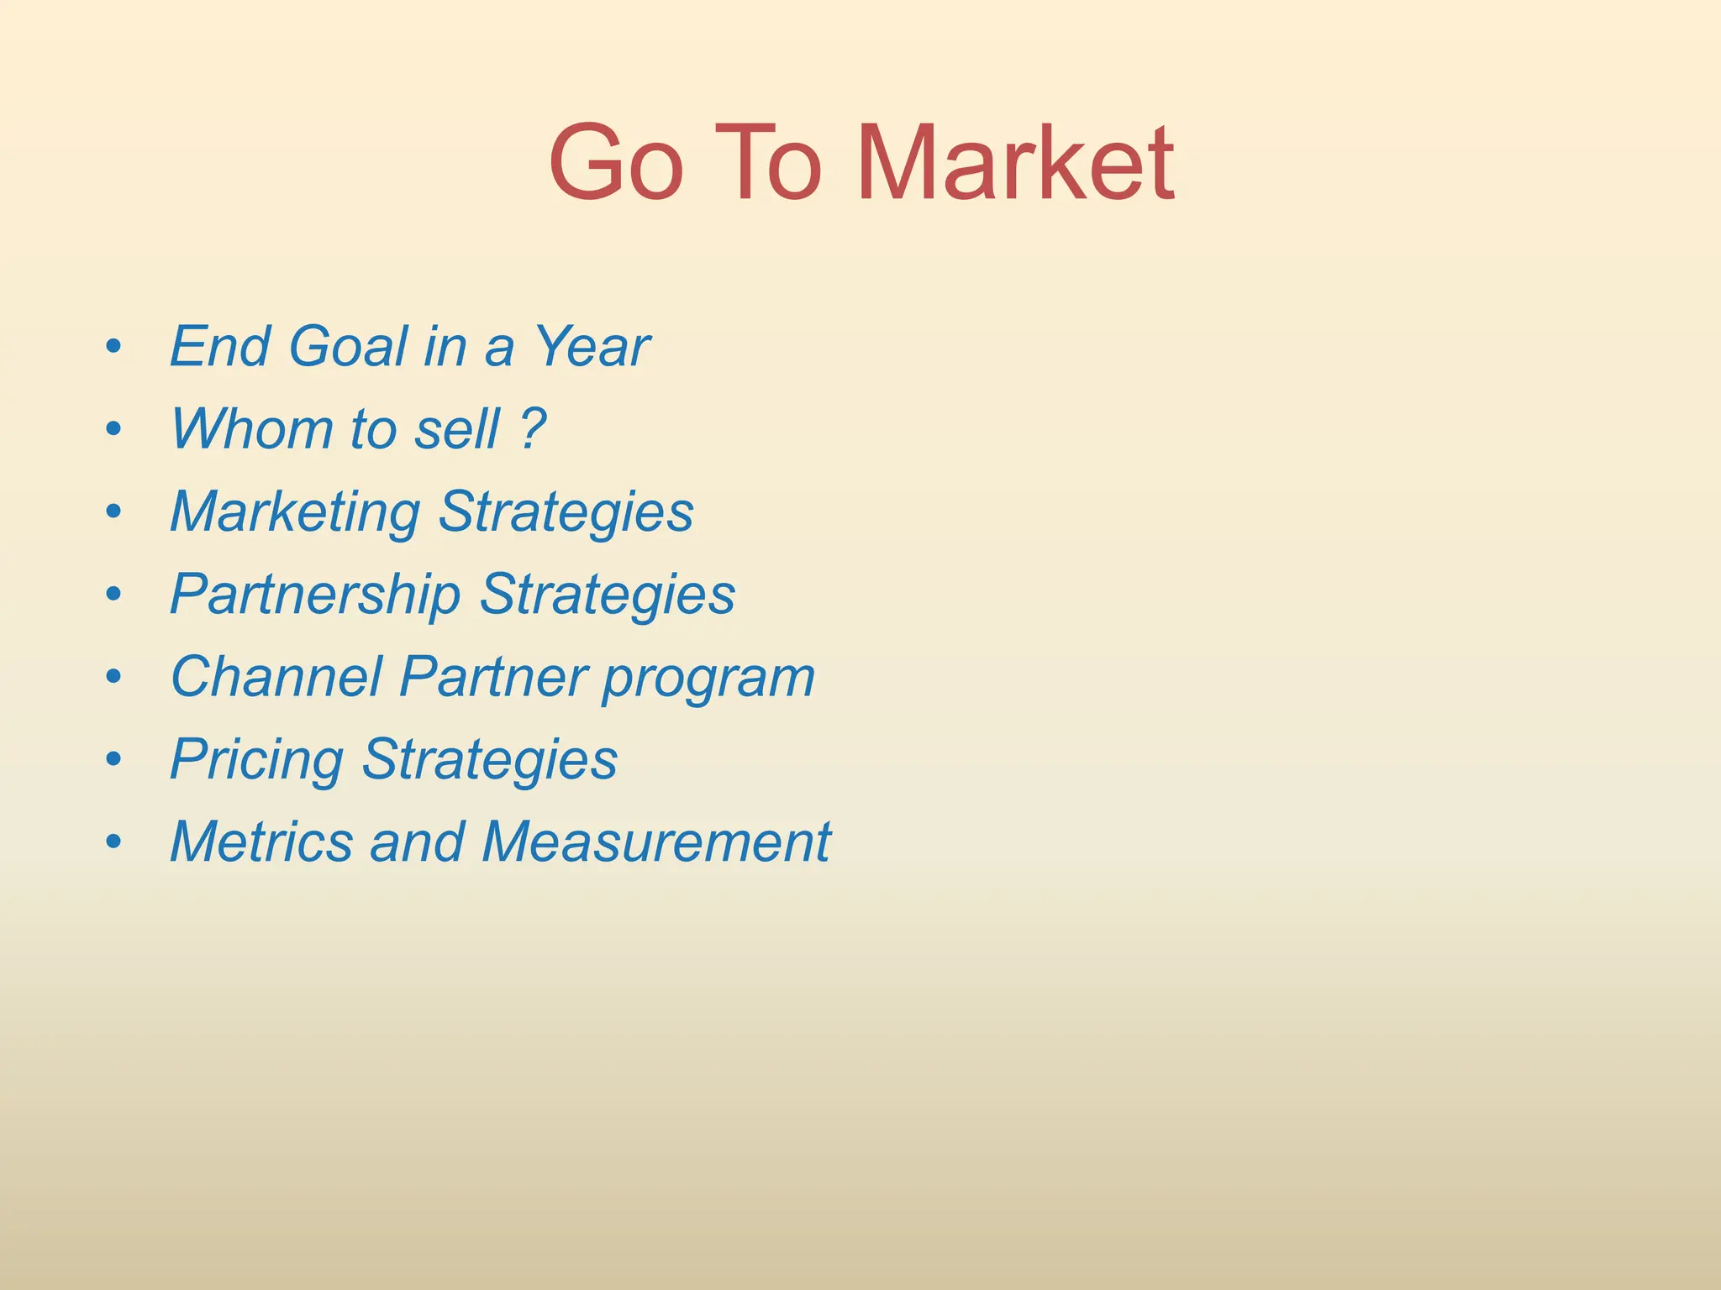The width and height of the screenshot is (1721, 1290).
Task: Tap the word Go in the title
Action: (x=616, y=163)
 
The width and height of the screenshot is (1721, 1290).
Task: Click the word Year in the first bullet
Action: (x=592, y=346)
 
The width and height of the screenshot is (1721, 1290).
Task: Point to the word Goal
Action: (x=348, y=346)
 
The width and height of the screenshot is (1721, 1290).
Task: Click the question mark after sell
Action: (x=532, y=428)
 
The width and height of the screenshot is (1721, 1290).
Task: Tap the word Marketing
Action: (x=295, y=512)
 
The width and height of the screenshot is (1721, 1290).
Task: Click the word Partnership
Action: (x=315, y=595)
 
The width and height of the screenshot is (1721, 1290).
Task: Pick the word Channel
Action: (x=276, y=677)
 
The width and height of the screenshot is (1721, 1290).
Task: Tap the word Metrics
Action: (x=261, y=842)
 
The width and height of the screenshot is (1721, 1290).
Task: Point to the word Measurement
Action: (x=656, y=842)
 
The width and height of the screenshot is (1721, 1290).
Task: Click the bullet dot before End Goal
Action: (x=114, y=346)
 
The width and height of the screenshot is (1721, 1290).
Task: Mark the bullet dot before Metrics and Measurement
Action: (x=114, y=842)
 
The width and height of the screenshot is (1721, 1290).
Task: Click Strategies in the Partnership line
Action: (x=607, y=595)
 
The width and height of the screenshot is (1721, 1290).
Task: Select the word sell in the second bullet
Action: (x=457, y=428)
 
